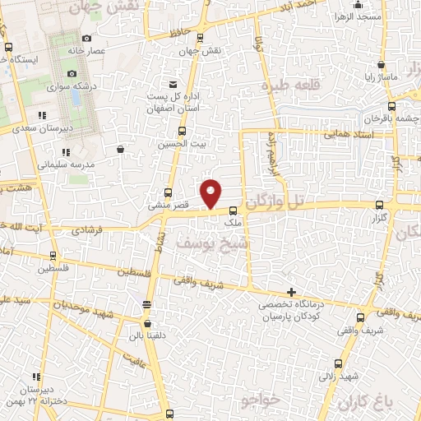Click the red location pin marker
coord(212,193)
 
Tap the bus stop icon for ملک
coord(233,210)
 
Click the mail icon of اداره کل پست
coord(172,84)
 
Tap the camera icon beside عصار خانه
coord(87,38)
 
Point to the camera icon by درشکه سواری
coord(72,74)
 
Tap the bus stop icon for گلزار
coord(378,205)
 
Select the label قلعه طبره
coord(289,86)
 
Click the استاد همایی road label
coord(349,132)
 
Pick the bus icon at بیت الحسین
coord(182,131)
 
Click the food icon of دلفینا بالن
coord(146,306)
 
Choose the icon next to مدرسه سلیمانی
coord(68,152)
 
